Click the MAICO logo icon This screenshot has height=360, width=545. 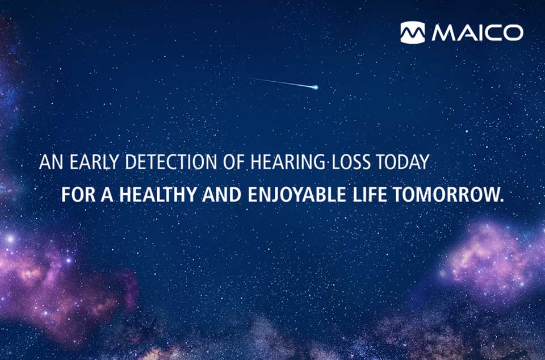click(413, 32)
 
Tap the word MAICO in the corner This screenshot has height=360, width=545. click(477, 32)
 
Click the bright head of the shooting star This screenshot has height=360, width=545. click(316, 87)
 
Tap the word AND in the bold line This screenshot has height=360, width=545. click(221, 195)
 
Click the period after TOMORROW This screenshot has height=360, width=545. click(501, 200)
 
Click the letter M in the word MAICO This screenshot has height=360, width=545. click(442, 32)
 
